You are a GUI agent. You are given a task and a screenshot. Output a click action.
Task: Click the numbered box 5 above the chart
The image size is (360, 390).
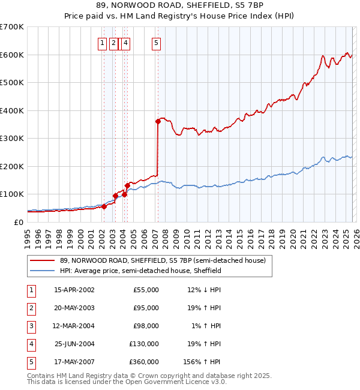click(x=157, y=43)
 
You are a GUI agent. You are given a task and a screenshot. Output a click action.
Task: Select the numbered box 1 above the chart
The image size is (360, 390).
click(x=103, y=43)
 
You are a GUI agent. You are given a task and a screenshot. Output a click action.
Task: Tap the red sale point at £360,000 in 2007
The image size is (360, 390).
click(x=158, y=121)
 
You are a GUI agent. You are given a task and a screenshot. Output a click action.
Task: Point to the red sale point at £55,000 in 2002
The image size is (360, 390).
click(x=104, y=206)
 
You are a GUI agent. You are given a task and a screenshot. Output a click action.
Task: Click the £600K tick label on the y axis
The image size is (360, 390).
click(x=12, y=55)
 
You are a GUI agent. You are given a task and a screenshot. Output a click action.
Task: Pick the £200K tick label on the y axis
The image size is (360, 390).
click(x=12, y=166)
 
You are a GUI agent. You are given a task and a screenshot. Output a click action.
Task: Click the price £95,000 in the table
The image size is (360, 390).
click(x=146, y=308)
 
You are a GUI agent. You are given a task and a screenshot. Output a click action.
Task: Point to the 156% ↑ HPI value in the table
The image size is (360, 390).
click(x=202, y=362)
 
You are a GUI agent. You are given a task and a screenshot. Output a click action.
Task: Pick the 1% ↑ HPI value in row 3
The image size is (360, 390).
click(x=205, y=326)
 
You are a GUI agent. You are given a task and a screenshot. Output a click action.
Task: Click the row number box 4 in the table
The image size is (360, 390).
click(x=31, y=344)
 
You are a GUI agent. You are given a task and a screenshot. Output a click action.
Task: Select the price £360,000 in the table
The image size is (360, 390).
click(x=144, y=362)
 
